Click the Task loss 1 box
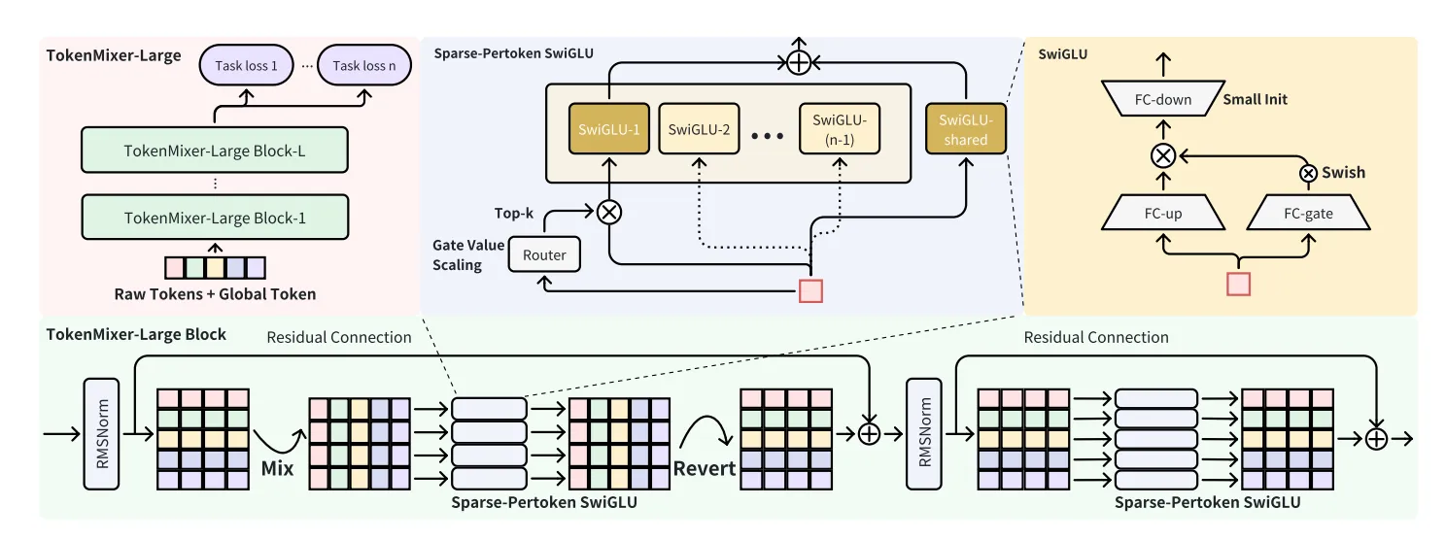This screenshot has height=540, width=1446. (x=246, y=66)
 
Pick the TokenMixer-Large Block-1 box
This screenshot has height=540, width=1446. (x=215, y=219)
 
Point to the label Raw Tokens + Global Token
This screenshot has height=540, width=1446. (x=215, y=293)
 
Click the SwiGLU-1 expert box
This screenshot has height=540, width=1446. (x=608, y=129)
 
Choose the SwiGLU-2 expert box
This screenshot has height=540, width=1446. (x=699, y=129)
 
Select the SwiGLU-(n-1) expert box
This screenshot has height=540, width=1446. (x=840, y=129)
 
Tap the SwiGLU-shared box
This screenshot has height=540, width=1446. (x=965, y=129)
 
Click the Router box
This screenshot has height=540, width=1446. (x=544, y=255)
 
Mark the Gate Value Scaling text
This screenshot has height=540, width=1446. (x=468, y=254)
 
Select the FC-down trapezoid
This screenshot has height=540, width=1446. (x=1160, y=99)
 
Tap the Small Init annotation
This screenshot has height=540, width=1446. (x=1256, y=99)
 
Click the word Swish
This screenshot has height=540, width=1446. (x=1342, y=173)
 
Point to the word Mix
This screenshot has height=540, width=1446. (x=277, y=468)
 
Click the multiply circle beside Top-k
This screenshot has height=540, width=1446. (x=608, y=211)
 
